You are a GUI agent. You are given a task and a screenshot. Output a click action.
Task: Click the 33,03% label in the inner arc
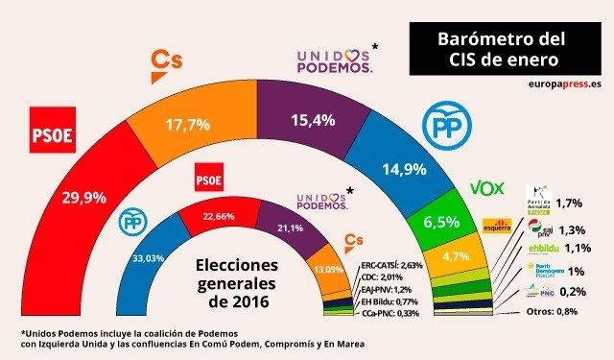click(x=151, y=256)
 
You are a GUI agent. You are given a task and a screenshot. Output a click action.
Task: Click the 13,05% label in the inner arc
click(x=328, y=271)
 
